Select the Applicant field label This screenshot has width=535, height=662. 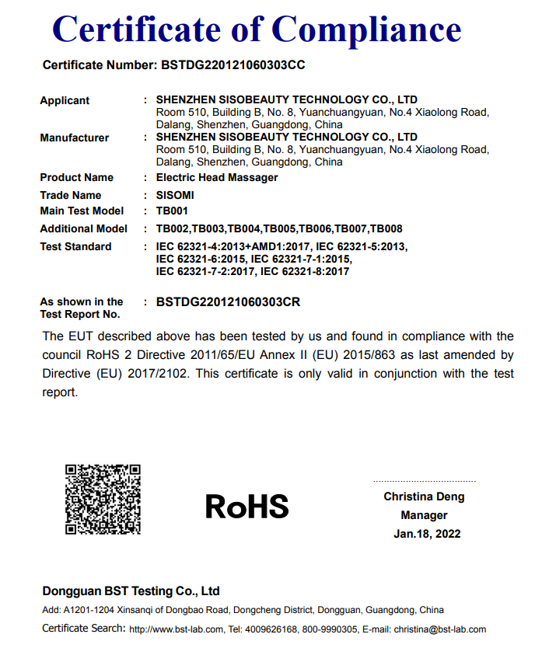65,100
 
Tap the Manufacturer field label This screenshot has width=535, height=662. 75,138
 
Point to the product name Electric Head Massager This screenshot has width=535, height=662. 217,177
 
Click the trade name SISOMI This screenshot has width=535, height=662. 175,195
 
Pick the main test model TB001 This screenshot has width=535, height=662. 172,211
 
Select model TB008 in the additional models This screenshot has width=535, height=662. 385,228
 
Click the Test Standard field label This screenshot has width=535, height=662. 75,246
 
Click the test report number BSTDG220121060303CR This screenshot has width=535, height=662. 228,301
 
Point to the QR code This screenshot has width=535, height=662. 103,499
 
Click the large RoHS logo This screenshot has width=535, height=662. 247,507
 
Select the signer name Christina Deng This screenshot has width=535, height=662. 424,496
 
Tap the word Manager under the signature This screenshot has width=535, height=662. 424,515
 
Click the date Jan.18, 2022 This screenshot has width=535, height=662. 427,534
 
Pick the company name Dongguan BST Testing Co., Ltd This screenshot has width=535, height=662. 131,591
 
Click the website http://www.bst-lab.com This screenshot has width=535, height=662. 177,629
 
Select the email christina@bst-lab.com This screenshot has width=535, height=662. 439,629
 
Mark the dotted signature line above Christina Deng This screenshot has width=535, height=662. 425,481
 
